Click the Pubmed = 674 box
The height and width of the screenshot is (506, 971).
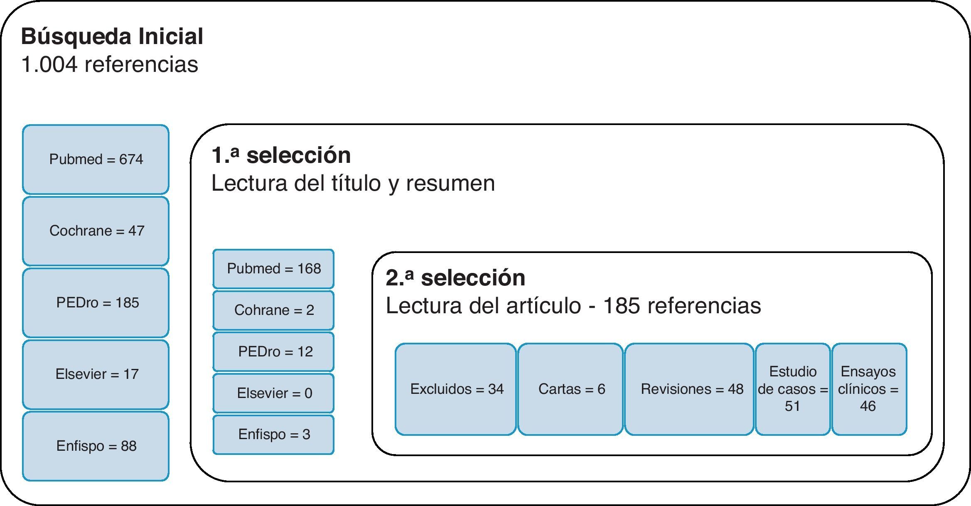click(x=96, y=160)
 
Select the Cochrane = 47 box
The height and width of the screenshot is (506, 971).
click(x=96, y=231)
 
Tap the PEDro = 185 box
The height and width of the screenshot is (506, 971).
click(x=96, y=303)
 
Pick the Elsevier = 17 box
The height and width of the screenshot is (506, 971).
click(x=96, y=374)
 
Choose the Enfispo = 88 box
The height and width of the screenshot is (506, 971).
click(x=96, y=446)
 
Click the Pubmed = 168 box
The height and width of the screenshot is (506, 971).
click(x=273, y=269)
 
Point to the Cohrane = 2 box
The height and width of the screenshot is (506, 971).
click(x=273, y=310)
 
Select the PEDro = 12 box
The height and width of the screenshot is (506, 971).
click(x=273, y=352)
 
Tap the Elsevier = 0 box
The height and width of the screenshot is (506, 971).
click(x=273, y=393)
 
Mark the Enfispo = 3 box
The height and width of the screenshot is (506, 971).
click(x=273, y=435)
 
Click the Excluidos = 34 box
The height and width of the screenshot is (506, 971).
click(x=456, y=389)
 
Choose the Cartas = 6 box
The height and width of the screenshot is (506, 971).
click(x=570, y=389)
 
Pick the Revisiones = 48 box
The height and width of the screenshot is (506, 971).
click(x=689, y=389)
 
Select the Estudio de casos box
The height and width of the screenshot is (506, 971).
click(x=793, y=389)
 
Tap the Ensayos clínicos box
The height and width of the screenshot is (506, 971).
click(x=869, y=389)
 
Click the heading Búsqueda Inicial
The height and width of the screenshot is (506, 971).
click(x=112, y=37)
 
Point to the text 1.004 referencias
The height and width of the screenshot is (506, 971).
click(x=110, y=65)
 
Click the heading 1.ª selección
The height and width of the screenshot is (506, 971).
click(x=281, y=155)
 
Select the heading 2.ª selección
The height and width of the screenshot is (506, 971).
click(x=455, y=278)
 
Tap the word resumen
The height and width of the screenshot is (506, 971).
click(x=450, y=183)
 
